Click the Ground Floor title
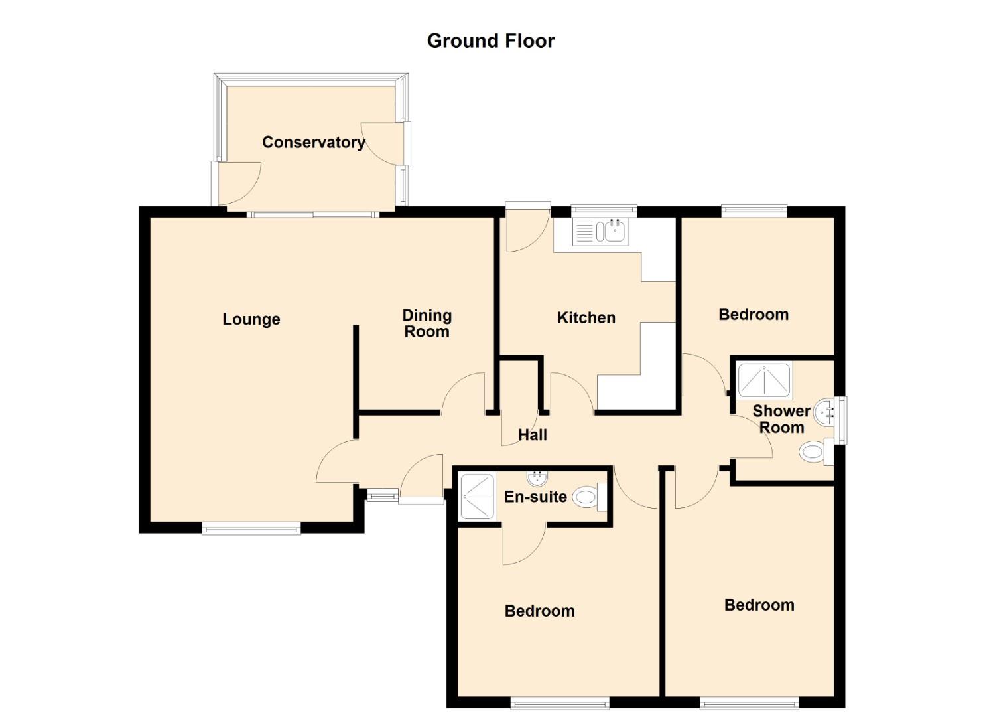491,41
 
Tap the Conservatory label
314,142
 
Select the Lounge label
251,319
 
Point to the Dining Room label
427,323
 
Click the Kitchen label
586,318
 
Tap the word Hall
533,435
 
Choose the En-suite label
535,497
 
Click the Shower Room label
781,419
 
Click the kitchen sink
601,232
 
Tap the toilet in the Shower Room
816,451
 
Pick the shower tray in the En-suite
477,497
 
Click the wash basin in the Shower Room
824,413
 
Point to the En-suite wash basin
537,477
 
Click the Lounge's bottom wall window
251,528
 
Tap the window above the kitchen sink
604,211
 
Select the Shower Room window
842,420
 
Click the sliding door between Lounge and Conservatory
312,215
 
